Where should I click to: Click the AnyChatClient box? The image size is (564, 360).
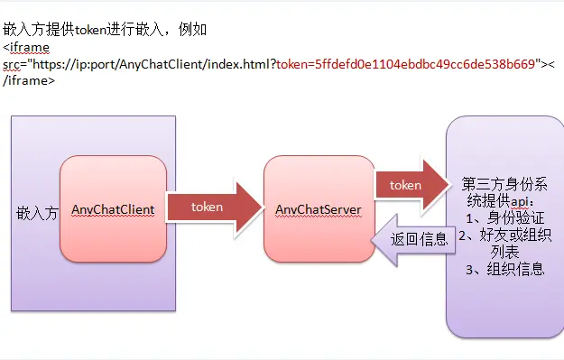[113, 209]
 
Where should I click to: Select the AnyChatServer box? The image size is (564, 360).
[318, 209]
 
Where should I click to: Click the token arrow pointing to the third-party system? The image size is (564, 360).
[408, 184]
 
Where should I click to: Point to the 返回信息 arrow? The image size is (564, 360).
[415, 240]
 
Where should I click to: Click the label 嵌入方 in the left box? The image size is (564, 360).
[37, 214]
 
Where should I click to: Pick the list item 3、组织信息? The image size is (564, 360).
[503, 269]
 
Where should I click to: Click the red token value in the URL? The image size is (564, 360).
[406, 64]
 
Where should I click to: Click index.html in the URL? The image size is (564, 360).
[238, 64]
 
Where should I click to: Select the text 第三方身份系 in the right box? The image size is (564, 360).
[503, 181]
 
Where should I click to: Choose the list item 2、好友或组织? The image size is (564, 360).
[503, 235]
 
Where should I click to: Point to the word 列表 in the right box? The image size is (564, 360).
[503, 252]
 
